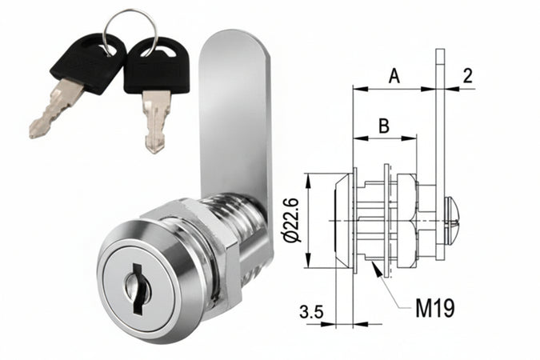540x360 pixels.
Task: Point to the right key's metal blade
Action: coord(155,120)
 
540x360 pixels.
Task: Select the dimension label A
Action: coord(394,76)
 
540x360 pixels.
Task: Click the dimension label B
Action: coord(384,126)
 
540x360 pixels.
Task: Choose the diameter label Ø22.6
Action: coord(291,220)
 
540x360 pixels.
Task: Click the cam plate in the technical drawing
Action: coord(439,144)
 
